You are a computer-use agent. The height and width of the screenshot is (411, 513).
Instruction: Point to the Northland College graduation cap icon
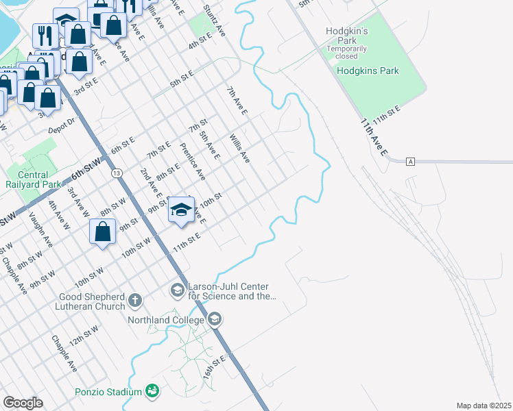[x=215, y=319]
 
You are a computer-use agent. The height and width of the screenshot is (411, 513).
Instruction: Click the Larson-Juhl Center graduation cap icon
[x=177, y=290]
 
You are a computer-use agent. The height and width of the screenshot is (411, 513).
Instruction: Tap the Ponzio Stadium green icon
[x=152, y=391]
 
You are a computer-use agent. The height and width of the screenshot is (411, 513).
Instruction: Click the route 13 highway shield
[x=118, y=173]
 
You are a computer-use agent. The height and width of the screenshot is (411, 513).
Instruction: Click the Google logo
[x=23, y=403]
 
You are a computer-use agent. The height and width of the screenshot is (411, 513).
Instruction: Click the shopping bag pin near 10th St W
[x=102, y=232]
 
